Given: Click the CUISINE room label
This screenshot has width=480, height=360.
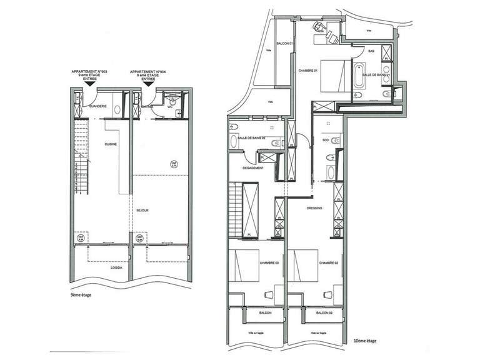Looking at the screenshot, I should pos(112,144).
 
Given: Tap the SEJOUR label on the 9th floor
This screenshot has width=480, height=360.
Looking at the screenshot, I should pos(141,211).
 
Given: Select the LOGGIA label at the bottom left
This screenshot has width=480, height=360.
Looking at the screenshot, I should pos(117,268).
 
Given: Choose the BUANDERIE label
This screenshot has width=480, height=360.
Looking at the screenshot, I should pos(99,107).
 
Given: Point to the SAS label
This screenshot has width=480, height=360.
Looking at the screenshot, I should pos(371,51).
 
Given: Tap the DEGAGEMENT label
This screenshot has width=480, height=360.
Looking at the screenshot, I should pos(253,168).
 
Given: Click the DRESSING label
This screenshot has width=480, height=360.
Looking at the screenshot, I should pos(314,209).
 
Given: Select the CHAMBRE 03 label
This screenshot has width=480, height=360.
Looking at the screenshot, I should pos(269,264).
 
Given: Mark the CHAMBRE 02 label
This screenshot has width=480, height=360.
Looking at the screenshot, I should pos(329,264).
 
